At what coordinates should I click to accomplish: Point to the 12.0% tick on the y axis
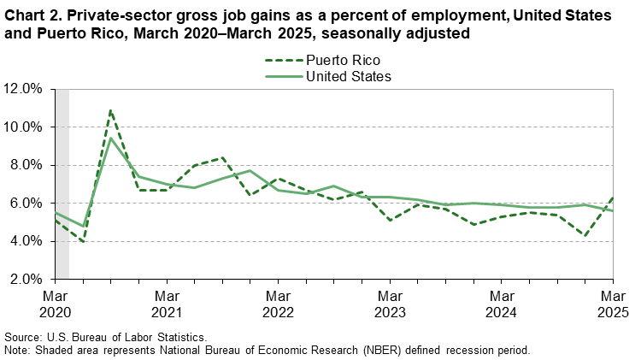(x=25, y=89)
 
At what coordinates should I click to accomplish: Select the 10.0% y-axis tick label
(x=25, y=127)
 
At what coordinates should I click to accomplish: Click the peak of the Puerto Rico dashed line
(x=110, y=109)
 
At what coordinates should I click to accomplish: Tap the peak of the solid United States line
(x=110, y=138)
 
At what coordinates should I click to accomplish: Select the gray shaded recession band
(x=62, y=184)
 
